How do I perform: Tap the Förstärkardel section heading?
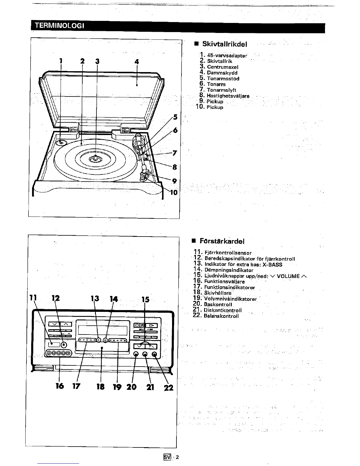pyautogui.click(x=222, y=241)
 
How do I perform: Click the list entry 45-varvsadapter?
pyautogui.click(x=227, y=55)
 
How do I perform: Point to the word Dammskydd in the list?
pyautogui.click(x=222, y=73)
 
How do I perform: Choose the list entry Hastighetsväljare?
pyautogui.click(x=228, y=96)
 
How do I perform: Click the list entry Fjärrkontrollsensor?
pyautogui.click(x=228, y=253)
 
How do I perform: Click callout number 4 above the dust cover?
pyautogui.click(x=136, y=62)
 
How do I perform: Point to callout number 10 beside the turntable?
pyautogui.click(x=174, y=192)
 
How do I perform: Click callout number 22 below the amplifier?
pyautogui.click(x=169, y=388)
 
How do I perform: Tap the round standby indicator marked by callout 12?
pyautogui.click(x=63, y=345)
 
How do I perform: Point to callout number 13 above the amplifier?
pyautogui.click(x=95, y=299)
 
